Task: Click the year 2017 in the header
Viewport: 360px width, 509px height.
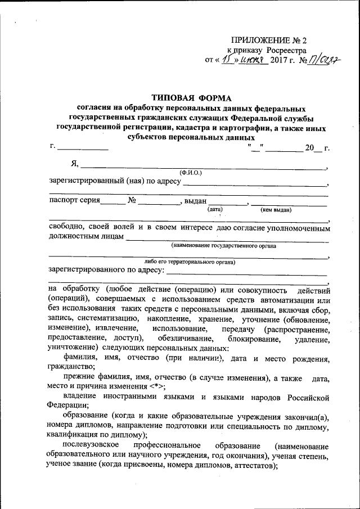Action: (279, 60)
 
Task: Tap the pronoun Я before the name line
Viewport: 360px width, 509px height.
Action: (74, 164)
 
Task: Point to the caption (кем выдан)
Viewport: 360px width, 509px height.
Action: (276, 210)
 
